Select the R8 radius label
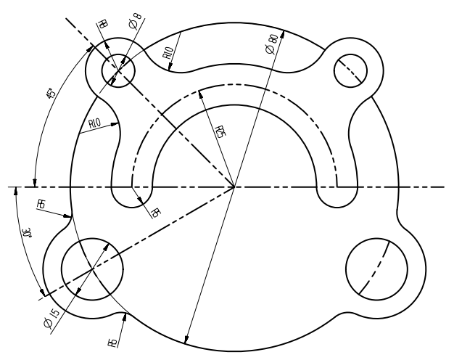pos(102,24)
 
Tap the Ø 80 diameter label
pos(271,45)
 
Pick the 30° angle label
pos(27,234)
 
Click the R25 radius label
pos(219,131)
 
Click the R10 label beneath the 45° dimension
pos(94,124)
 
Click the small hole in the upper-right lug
pos(350,71)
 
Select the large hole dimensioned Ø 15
pos(92,269)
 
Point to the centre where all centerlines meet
pos(234,187)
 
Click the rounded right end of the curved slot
pos(337,192)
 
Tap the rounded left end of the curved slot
pos(132,192)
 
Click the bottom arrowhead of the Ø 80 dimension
pos(188,341)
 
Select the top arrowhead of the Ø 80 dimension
pos(282,33)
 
